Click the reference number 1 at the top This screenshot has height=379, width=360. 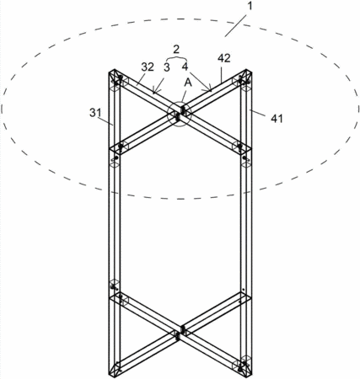[250, 6]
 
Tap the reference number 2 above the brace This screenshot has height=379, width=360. [176, 50]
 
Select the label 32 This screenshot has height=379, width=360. [148, 67]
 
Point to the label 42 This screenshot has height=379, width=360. [224, 58]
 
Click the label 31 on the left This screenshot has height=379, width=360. [95, 113]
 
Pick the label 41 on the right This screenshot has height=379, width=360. [277, 119]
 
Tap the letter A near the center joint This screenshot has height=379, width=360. [188, 83]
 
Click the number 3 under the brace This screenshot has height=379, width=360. [167, 67]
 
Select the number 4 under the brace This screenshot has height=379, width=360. [185, 67]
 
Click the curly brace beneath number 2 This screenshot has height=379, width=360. [176, 58]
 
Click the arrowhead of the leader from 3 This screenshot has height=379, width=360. [153, 91]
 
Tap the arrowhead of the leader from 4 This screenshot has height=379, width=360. [210, 90]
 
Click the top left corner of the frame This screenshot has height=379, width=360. [109, 72]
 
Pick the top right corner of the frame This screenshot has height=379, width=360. [251, 72]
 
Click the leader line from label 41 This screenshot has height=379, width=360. [259, 113]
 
